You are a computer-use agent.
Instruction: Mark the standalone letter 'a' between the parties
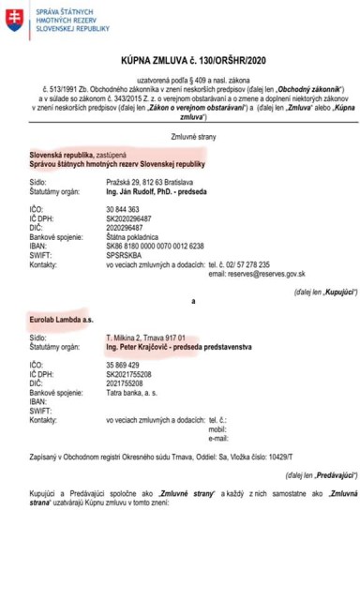click(x=193, y=299)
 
